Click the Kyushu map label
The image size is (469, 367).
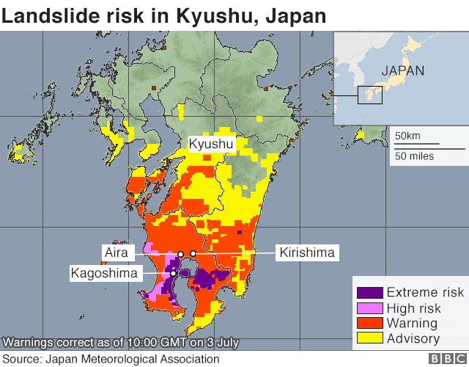211,145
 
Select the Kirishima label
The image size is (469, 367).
307,252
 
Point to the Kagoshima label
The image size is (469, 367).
104,273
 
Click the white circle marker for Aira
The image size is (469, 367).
180,254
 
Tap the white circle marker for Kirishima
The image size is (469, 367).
193,254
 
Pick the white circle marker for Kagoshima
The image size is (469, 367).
173,273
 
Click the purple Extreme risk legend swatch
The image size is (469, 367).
369,292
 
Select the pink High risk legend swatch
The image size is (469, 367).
369,308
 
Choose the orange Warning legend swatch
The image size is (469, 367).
369,323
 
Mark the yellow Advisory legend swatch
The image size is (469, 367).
369,338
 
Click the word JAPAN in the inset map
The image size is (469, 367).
402,71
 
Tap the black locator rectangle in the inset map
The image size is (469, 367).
370,95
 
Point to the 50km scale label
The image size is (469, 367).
407,136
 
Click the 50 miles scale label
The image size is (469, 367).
414,156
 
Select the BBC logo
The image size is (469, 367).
444,359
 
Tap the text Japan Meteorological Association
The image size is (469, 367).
132,359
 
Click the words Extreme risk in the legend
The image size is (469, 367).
425,292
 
